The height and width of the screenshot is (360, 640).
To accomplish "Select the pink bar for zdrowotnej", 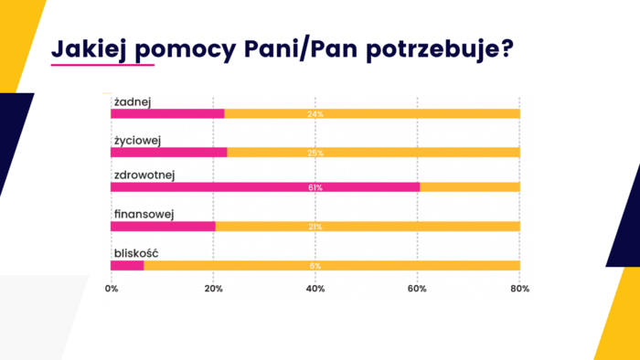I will tap(265, 187).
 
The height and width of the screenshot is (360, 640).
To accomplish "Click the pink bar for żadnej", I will tap(167, 113).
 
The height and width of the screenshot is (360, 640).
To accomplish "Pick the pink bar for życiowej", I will tap(168, 153).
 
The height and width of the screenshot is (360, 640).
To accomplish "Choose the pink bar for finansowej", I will tap(163, 227).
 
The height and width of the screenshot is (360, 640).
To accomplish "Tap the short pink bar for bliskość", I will tap(127, 266).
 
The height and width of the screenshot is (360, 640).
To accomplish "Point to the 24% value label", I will tap(315, 113).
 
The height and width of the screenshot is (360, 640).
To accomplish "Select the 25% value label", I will tap(315, 153).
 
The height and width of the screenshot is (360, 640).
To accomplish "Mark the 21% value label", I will tap(315, 227).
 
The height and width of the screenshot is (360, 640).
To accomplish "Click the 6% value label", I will tap(315, 266).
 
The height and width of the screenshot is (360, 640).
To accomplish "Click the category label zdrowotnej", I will tap(144, 175).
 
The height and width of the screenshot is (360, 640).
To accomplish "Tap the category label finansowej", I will tap(144, 214).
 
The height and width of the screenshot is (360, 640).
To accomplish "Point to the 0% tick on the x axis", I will tap(112, 289).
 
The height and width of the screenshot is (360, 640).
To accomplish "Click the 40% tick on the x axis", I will tap(315, 289).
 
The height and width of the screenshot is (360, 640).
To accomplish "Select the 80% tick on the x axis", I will tap(519, 289).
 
